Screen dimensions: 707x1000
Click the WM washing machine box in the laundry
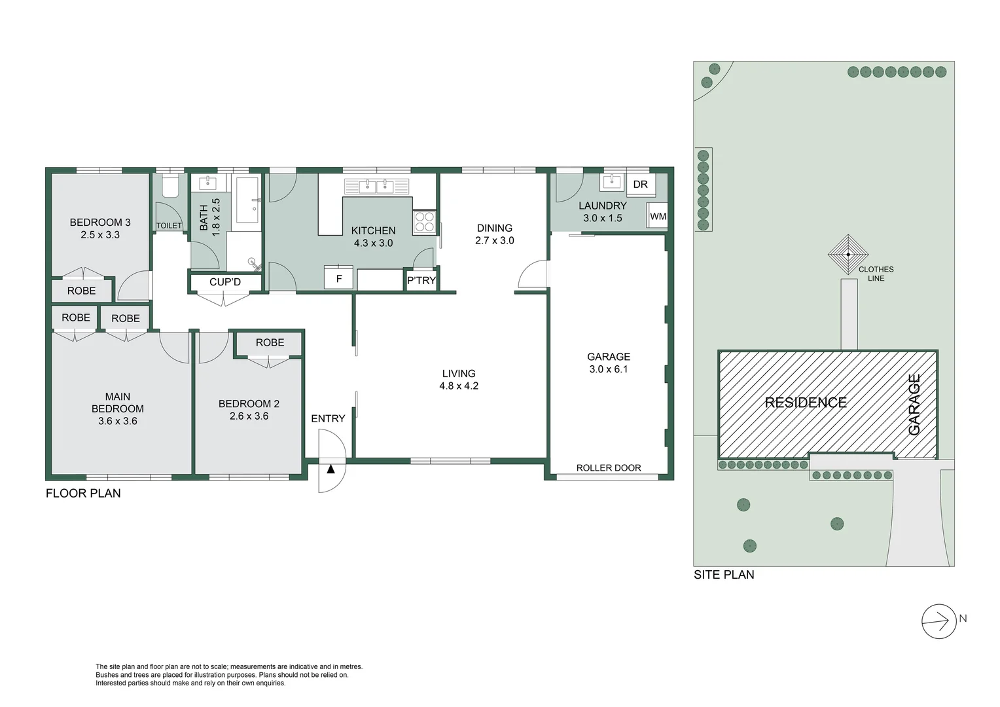tap(658, 216)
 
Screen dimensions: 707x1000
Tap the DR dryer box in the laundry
tap(640, 185)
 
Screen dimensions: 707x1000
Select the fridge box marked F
tap(339, 278)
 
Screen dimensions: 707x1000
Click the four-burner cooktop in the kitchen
tap(424, 222)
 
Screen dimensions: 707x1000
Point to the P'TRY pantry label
tap(421, 280)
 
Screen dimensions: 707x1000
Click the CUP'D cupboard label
tap(225, 282)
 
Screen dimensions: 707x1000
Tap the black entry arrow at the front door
tap(330, 469)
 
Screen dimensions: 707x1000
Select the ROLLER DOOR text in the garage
tap(608, 468)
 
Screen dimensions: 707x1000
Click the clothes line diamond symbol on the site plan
tap(848, 255)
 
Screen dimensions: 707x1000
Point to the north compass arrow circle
tap(939, 621)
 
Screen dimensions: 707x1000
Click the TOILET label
tap(169, 225)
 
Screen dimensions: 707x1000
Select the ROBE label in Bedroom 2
tap(270, 342)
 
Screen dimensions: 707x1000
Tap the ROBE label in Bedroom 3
tap(81, 291)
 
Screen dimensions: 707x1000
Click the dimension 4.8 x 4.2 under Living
tap(458, 386)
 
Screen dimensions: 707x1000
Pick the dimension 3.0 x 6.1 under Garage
tap(608, 369)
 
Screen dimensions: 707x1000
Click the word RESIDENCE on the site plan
tap(806, 403)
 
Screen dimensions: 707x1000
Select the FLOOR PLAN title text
tap(83, 494)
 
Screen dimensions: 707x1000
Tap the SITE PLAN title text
tap(724, 575)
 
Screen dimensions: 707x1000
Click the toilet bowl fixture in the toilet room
tap(170, 187)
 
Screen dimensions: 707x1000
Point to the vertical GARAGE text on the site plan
tap(914, 404)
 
